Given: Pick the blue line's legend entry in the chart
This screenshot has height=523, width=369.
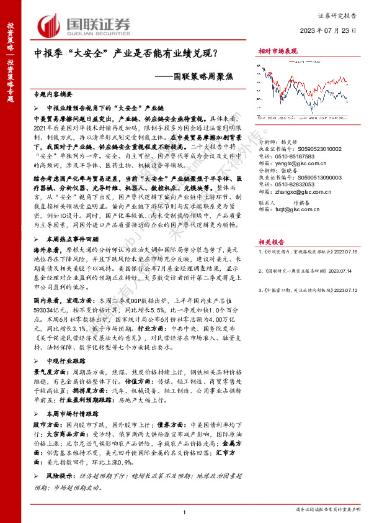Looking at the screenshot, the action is (x=315, y=61).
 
